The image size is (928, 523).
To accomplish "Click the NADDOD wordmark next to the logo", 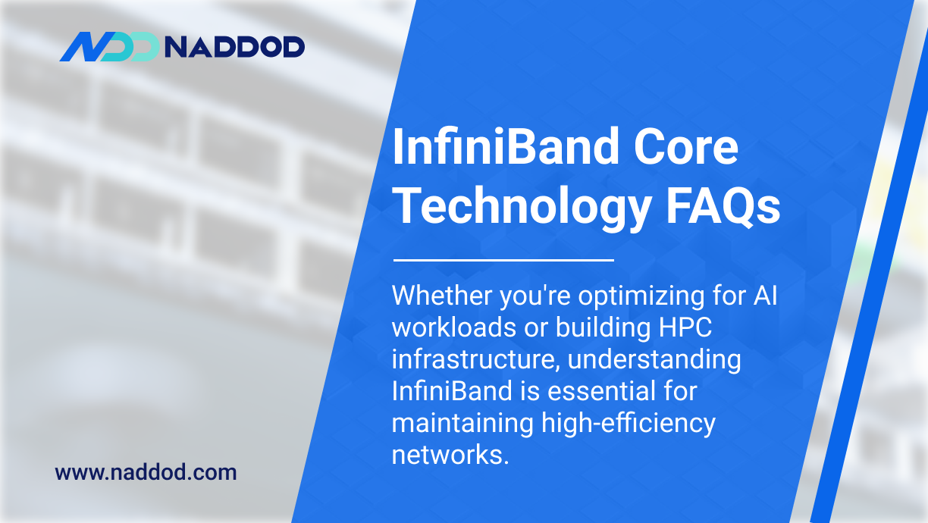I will pyautogui.click(x=234, y=47).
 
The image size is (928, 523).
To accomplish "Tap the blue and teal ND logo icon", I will pyautogui.click(x=109, y=47).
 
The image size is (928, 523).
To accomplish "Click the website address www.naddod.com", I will pyautogui.click(x=146, y=473).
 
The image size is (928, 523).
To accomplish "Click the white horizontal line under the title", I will pyautogui.click(x=503, y=260).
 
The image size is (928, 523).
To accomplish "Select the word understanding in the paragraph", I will pyautogui.click(x=654, y=359).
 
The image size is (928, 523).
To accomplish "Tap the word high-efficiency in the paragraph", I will pyautogui.click(x=629, y=423).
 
